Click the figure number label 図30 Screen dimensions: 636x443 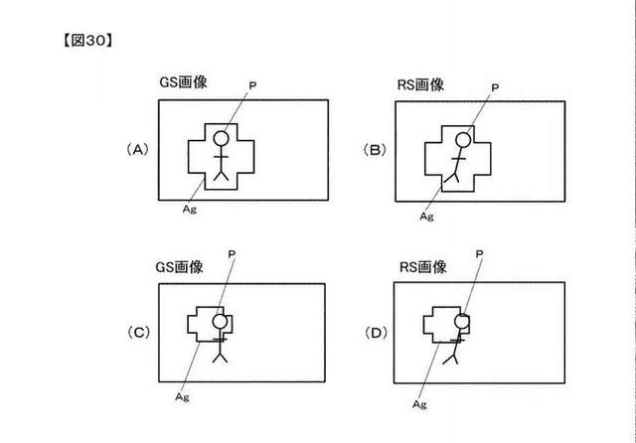coord(87,41)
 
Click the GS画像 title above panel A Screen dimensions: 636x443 coord(183,82)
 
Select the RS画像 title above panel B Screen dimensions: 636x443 coord(420,84)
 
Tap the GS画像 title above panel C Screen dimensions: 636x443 coord(179,267)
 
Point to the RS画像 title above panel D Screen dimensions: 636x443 coord(423,267)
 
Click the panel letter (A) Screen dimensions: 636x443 coord(138,150)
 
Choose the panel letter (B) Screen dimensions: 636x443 coord(375,150)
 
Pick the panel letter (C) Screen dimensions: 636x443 coord(139,333)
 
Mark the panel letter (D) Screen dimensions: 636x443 coord(376,333)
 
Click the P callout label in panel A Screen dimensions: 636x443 coord(252,86)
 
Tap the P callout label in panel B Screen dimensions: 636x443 coord(495,87)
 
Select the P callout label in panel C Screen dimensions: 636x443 coord(232,254)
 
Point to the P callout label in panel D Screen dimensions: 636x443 coord(479,253)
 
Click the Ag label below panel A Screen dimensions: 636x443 coord(190,210)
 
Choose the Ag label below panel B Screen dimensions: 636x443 coord(426,217)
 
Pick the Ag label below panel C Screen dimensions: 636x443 coord(182,396)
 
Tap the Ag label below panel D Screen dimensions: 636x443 coord(419,404)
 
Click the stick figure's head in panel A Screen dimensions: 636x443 coord(221,139)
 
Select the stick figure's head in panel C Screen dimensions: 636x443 coord(220,322)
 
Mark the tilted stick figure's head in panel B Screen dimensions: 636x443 coord(463,140)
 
